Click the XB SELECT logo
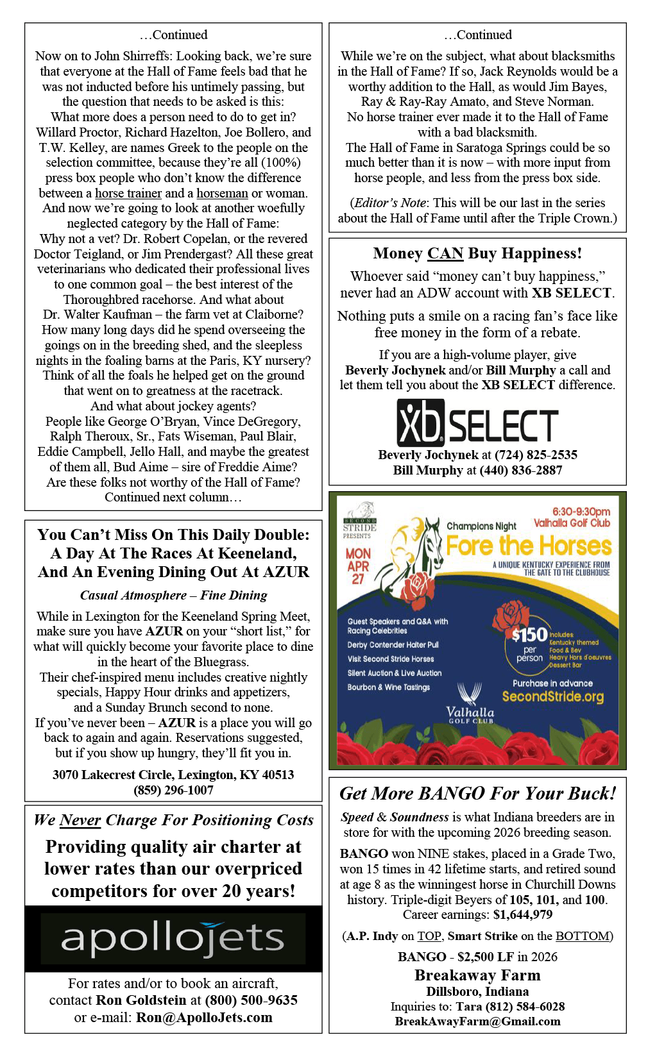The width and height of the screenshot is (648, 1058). (477, 423)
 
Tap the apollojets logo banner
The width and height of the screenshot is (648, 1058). (173, 938)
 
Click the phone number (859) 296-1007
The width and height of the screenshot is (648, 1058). (173, 790)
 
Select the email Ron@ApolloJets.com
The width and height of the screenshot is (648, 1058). (204, 1018)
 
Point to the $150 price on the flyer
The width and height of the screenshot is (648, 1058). (529, 635)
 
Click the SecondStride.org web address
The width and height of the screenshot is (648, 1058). (553, 696)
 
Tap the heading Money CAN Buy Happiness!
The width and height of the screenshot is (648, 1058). (477, 253)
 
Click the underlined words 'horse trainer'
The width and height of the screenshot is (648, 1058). (128, 193)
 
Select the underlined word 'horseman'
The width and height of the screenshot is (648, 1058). (222, 193)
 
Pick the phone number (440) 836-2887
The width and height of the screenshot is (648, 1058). (520, 470)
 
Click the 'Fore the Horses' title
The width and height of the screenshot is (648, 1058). (529, 546)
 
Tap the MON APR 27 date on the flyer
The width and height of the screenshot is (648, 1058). (358, 566)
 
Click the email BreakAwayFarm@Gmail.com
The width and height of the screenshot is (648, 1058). (477, 1021)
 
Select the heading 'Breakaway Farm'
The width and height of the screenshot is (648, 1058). (477, 975)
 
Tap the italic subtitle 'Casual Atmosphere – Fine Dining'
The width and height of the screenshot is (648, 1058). (173, 595)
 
